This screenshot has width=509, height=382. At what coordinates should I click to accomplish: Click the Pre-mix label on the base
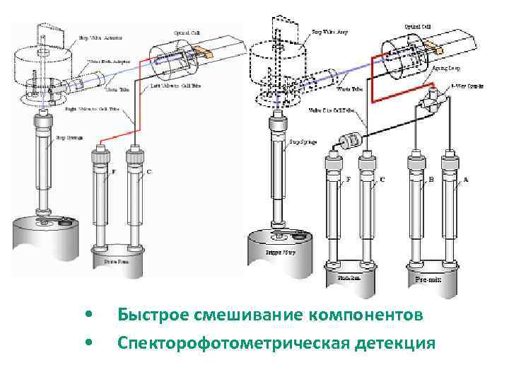[428, 279]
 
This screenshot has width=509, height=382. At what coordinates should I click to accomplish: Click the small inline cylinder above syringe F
[351, 141]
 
